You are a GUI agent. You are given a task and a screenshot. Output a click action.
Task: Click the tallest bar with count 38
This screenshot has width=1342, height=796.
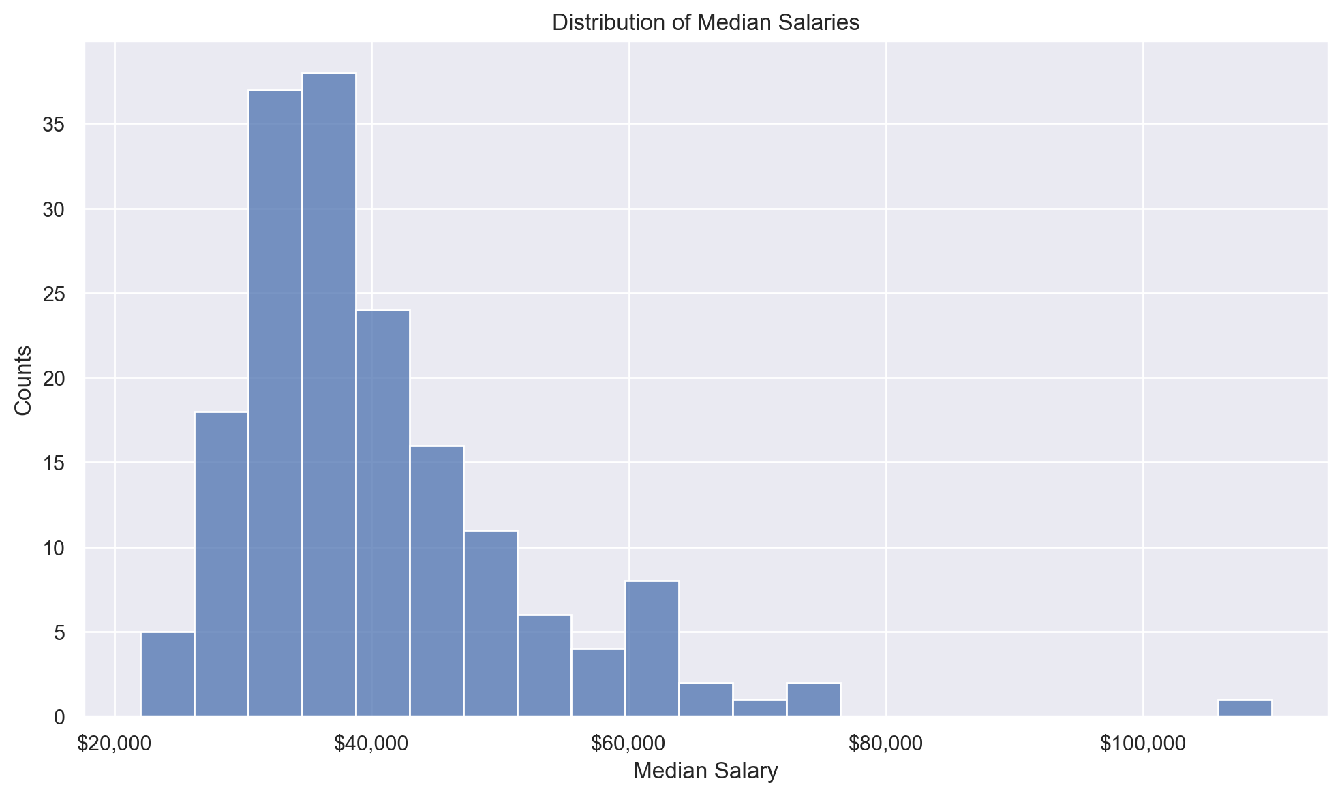329,395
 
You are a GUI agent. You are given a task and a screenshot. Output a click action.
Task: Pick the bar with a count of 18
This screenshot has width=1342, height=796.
222,564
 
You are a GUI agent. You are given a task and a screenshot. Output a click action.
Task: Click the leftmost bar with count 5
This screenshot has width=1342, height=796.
168,675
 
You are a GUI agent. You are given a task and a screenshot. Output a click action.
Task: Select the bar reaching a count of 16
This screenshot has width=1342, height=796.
437,581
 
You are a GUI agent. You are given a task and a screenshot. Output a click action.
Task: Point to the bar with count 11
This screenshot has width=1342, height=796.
491,624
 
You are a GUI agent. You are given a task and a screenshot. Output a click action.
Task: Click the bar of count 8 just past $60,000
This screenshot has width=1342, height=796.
652,649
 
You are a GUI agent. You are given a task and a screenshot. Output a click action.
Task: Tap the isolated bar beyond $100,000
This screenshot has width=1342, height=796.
1245,708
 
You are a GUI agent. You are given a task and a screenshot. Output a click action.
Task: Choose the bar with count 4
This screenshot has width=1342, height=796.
598,683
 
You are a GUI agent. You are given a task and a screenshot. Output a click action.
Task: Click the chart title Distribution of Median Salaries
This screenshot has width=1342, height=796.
705,22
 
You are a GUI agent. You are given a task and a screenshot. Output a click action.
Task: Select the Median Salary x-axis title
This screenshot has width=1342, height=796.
705,771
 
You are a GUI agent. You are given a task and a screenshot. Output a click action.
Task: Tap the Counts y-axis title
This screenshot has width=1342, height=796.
23,380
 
